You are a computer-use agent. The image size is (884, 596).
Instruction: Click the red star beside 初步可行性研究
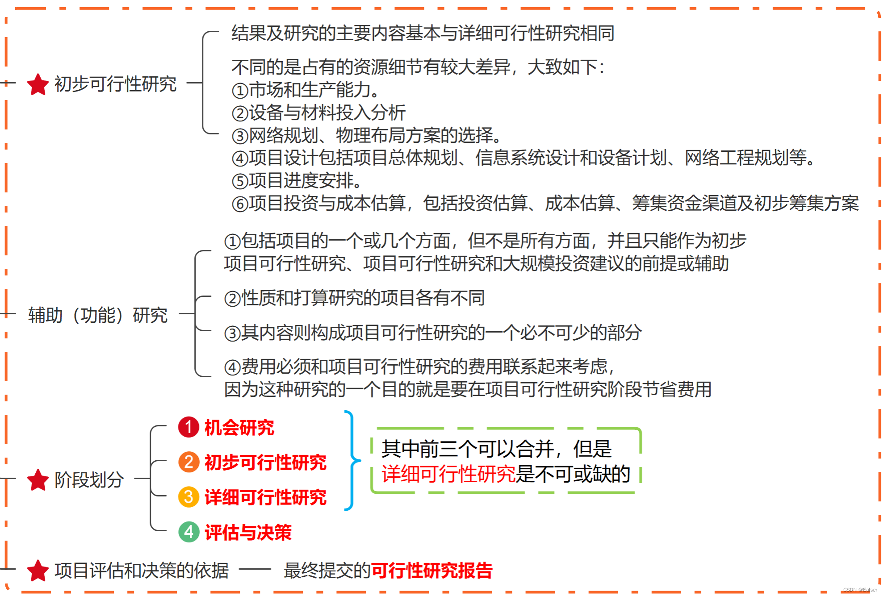pyautogui.click(x=38, y=84)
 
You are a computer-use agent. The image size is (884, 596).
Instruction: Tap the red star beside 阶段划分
pyautogui.click(x=38, y=480)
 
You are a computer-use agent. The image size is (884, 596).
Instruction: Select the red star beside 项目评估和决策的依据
pyautogui.click(x=38, y=571)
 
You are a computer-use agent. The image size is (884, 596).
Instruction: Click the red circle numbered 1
pyautogui.click(x=189, y=427)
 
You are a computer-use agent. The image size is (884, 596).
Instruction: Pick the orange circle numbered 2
pyautogui.click(x=189, y=462)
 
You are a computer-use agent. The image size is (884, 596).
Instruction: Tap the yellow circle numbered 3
pyautogui.click(x=189, y=497)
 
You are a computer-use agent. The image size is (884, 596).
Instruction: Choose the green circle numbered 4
pyautogui.click(x=189, y=532)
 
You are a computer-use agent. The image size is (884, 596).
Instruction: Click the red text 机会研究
pyautogui.click(x=239, y=428)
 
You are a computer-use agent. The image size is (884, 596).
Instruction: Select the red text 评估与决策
pyautogui.click(x=248, y=532)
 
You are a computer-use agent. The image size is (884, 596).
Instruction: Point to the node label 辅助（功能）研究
pyautogui.click(x=98, y=315)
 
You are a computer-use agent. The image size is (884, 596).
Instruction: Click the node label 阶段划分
pyautogui.click(x=89, y=480)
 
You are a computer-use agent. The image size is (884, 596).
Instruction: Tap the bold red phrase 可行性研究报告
pyautogui.click(x=432, y=571)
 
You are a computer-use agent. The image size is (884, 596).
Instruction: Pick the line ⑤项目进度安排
pyautogui.click(x=297, y=181)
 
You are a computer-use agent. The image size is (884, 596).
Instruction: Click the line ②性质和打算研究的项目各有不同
pyautogui.click(x=354, y=298)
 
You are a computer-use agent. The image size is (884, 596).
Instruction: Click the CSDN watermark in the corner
pyautogui.click(x=860, y=590)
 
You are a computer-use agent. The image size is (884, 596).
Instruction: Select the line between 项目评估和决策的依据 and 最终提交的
pyautogui.click(x=255, y=569)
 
